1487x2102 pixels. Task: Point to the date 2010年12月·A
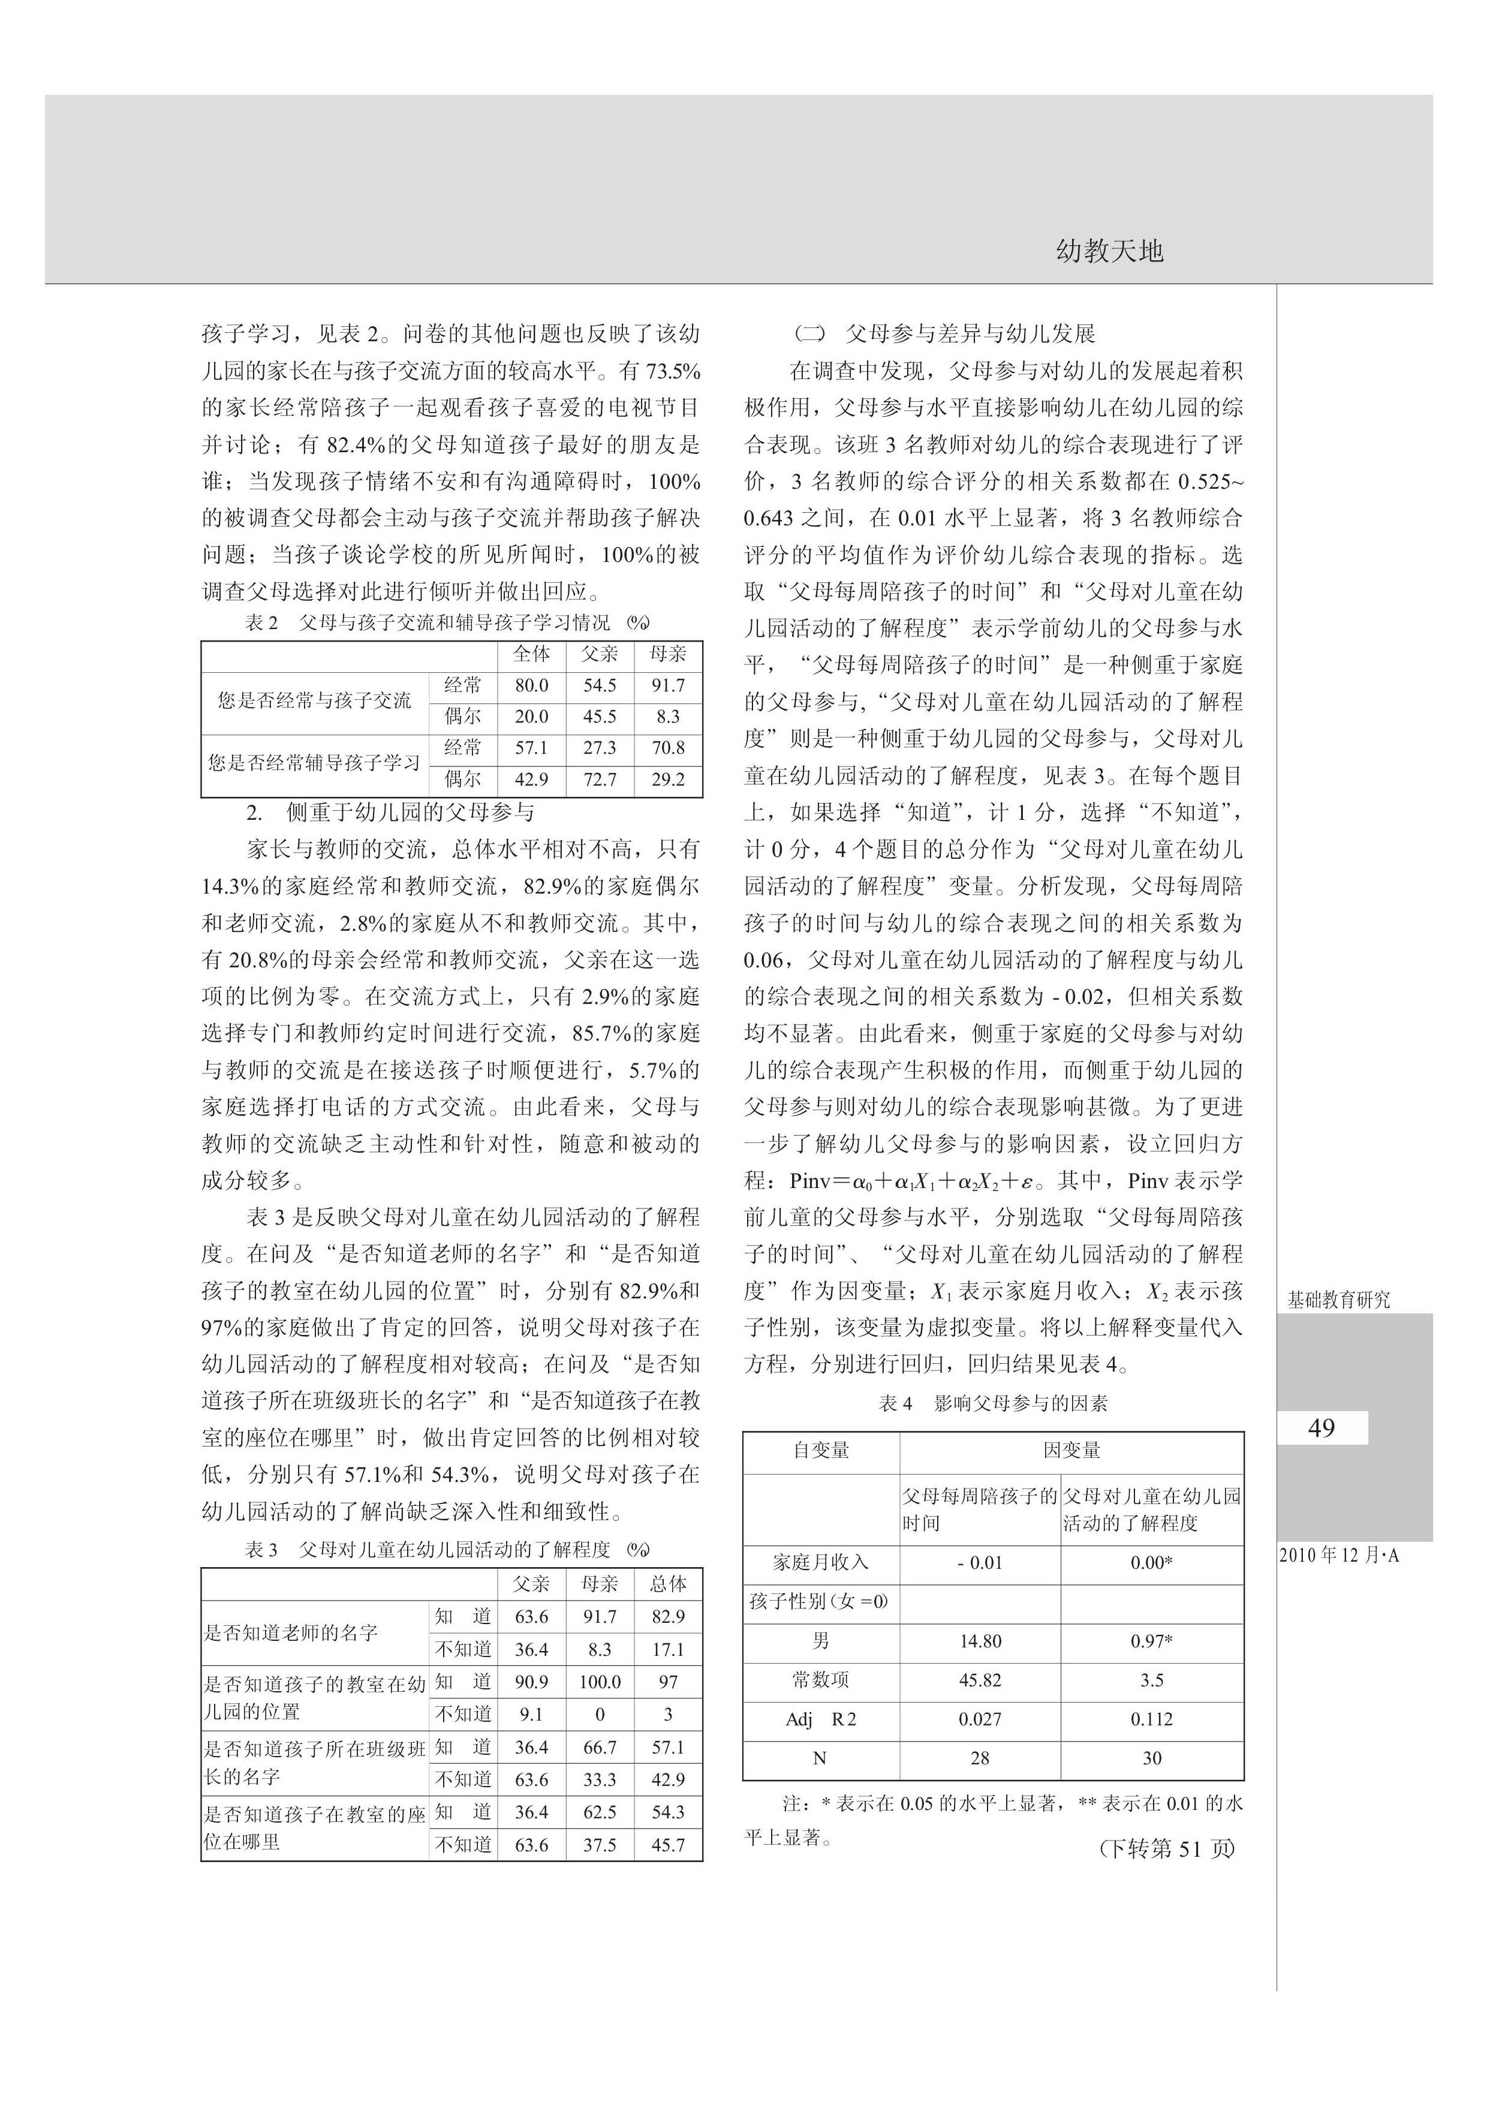[1339, 1555]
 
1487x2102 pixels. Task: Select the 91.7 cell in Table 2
[667, 685]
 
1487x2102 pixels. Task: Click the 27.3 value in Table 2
[600, 747]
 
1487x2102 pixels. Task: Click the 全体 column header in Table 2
[531, 654]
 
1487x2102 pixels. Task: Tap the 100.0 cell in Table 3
[600, 1682]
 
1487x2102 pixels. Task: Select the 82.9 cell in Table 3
[667, 1617]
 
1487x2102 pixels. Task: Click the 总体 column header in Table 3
[667, 1584]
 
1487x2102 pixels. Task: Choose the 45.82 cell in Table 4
[980, 1680]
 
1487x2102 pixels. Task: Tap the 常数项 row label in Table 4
[820, 1680]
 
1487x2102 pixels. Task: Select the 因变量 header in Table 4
[1071, 1451]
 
